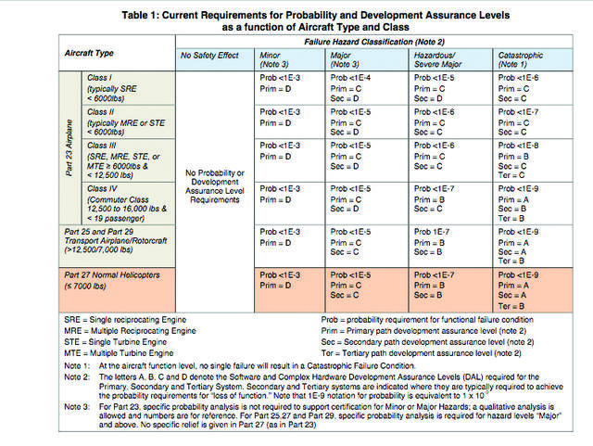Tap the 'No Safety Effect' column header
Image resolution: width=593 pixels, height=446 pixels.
point(209,56)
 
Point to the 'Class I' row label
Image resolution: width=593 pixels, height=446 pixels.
point(101,78)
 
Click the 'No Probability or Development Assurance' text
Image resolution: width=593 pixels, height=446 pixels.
point(215,178)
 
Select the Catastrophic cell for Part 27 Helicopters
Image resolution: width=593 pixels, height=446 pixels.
point(520,290)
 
